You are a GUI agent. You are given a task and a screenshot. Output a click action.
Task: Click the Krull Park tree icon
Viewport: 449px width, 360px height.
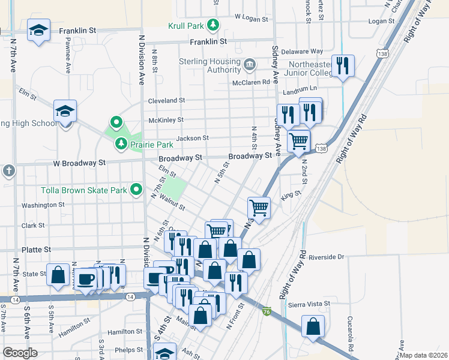tap(212, 25)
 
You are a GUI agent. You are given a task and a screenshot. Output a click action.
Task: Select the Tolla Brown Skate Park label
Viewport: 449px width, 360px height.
tap(84, 191)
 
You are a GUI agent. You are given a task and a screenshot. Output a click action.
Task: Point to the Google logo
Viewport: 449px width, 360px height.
tap(20, 353)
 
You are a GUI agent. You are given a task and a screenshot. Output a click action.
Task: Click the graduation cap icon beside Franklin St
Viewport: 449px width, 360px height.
tap(39, 31)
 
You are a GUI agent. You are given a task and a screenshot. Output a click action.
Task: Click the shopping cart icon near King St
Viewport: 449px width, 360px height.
tap(259, 208)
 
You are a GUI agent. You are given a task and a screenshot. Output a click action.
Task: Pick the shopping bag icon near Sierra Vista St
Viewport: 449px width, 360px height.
tap(313, 327)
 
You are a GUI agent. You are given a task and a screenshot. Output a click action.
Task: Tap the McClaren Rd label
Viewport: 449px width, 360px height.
tap(248, 82)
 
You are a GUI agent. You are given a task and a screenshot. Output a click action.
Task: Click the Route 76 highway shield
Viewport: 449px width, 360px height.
tap(266, 311)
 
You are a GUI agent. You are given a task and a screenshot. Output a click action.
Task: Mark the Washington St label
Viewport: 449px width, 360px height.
tap(43, 205)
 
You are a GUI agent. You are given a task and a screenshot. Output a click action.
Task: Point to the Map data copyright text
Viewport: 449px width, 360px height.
tap(423, 355)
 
